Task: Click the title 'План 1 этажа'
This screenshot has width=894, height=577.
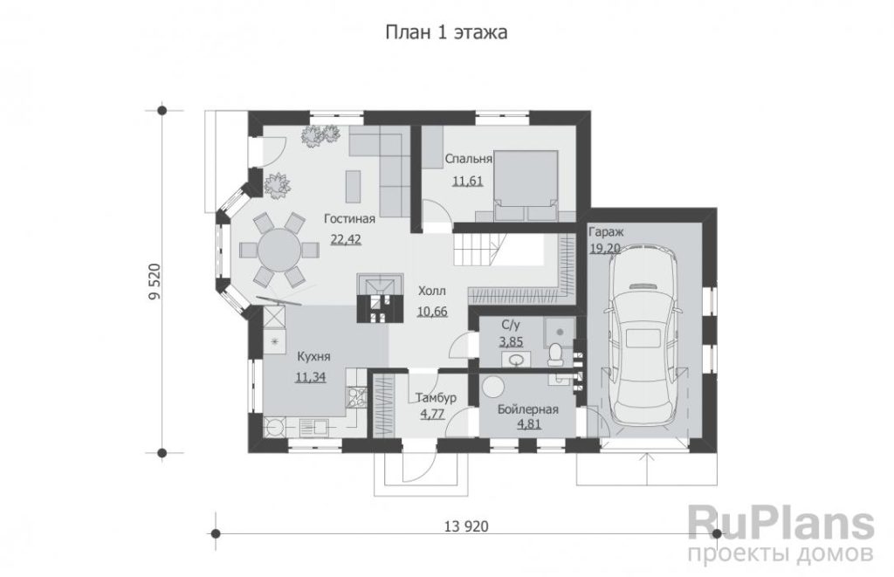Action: tap(446, 32)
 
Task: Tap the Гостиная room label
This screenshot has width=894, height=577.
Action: tap(349, 219)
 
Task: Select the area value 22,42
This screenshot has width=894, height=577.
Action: tap(346, 239)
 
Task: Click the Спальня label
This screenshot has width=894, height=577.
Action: tap(469, 159)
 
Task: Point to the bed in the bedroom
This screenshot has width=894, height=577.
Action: tap(525, 185)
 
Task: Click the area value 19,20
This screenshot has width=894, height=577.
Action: tap(605, 249)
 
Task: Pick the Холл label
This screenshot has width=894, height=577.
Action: tap(432, 292)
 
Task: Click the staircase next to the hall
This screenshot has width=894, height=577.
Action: tap(478, 249)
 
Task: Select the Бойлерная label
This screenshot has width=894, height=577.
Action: tap(527, 409)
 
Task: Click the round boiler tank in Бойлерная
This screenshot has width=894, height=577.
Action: tap(492, 387)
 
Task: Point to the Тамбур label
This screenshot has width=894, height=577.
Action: tap(436, 397)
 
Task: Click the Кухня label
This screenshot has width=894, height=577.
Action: tap(313, 357)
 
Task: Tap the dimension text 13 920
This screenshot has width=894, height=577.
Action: tap(466, 525)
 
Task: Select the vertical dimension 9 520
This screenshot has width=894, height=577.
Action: tap(154, 282)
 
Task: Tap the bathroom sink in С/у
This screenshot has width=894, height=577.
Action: tap(517, 360)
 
